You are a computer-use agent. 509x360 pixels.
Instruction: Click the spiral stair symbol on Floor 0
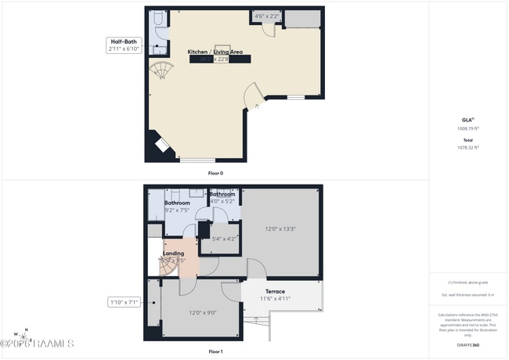(x=161, y=71)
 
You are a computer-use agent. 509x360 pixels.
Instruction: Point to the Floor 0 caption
(x=215, y=173)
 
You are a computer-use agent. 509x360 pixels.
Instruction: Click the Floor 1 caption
(x=215, y=351)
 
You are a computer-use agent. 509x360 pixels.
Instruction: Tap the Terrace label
(x=275, y=291)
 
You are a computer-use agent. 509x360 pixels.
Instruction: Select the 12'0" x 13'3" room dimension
(x=280, y=229)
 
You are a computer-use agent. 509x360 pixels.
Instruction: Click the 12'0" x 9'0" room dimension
(x=202, y=312)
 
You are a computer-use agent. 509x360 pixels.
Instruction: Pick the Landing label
(x=173, y=254)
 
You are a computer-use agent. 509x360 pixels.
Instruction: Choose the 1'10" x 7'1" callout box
(x=124, y=301)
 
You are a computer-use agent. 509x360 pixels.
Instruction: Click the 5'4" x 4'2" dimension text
(x=225, y=239)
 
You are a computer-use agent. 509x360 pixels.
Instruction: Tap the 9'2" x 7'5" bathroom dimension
(x=177, y=210)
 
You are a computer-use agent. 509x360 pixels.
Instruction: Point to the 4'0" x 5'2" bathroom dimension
(x=223, y=201)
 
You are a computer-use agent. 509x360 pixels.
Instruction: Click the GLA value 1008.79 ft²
(x=468, y=128)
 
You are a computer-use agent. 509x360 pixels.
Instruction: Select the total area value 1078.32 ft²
(x=468, y=147)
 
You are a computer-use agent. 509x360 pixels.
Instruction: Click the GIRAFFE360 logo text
(x=469, y=345)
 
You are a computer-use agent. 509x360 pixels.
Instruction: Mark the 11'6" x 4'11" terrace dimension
(x=275, y=298)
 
